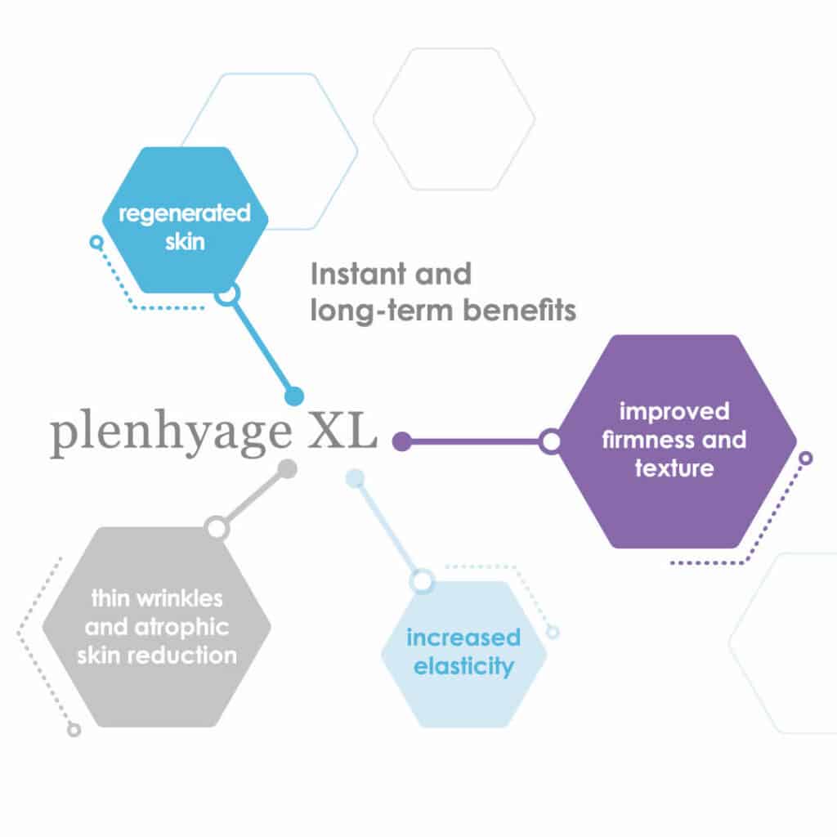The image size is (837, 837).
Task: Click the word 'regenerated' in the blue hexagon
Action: pyautogui.click(x=184, y=214)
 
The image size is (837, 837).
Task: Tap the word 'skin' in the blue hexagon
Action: pyautogui.click(x=185, y=242)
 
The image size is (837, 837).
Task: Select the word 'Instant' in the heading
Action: pyautogui.click(x=355, y=274)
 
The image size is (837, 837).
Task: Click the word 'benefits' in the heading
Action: pyautogui.click(x=519, y=310)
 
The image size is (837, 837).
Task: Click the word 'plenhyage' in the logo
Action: pyautogui.click(x=171, y=432)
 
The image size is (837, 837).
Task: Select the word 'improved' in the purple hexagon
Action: pyautogui.click(x=674, y=412)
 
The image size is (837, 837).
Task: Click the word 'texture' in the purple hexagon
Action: pyautogui.click(x=674, y=468)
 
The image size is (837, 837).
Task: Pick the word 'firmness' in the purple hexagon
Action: pyautogui.click(x=646, y=439)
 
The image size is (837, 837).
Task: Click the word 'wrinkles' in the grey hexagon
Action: pyautogui.click(x=179, y=598)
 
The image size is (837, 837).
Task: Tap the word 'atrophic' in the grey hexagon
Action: pyautogui.click(x=181, y=628)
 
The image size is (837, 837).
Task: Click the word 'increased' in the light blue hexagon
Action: pyautogui.click(x=463, y=638)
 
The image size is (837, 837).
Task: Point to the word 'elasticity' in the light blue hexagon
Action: pyautogui.click(x=463, y=667)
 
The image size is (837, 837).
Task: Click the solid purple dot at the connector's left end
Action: pyautogui.click(x=402, y=441)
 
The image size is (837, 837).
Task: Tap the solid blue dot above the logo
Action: pyautogui.click(x=294, y=396)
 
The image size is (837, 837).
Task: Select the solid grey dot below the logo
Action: pyautogui.click(x=288, y=468)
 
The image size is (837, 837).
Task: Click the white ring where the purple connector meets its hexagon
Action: pyautogui.click(x=550, y=441)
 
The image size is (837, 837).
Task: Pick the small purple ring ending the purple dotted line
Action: pyautogui.click(x=806, y=458)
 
